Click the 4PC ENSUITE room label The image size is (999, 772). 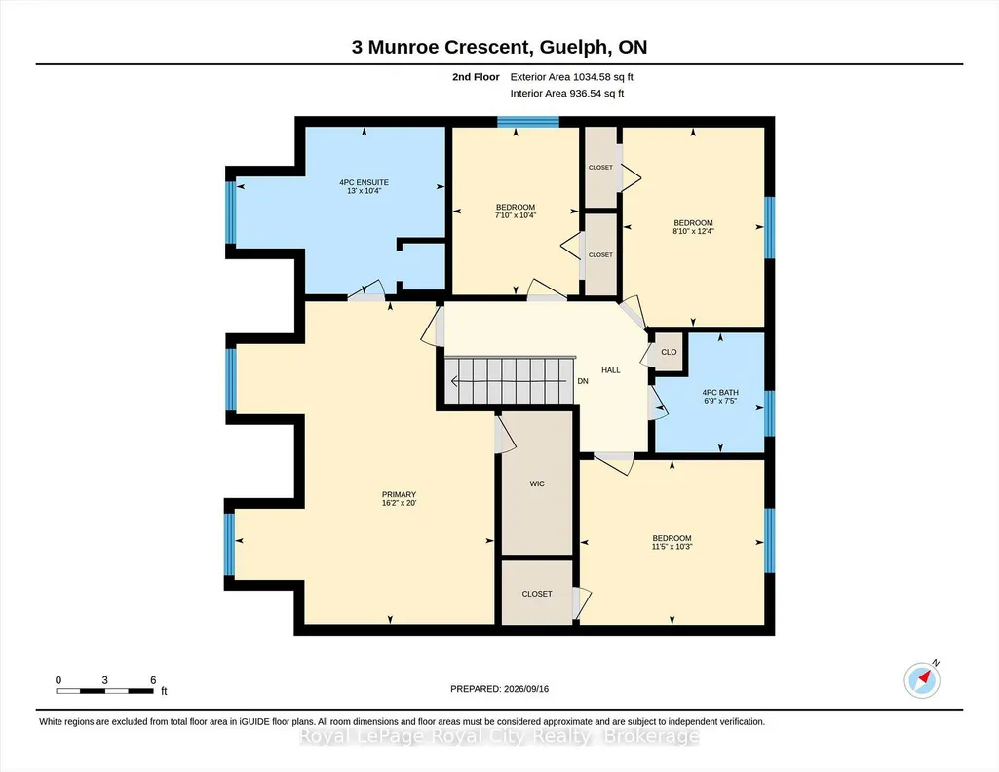(364, 183)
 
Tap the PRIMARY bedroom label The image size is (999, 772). (399, 495)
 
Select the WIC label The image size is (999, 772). (537, 484)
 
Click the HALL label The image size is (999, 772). (611, 370)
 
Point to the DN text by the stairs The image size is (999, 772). (583, 381)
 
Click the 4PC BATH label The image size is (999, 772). (720, 393)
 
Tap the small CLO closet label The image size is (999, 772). (669, 352)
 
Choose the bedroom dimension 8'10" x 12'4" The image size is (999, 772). (693, 231)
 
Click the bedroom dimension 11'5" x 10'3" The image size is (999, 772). (672, 547)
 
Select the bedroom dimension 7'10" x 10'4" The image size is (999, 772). (516, 215)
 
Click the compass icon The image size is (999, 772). (922, 679)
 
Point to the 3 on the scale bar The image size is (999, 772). (104, 680)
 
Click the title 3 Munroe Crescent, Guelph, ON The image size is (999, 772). (499, 47)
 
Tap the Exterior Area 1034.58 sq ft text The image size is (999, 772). (571, 77)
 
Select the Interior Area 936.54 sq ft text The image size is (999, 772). (567, 93)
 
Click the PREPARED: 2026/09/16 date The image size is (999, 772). (499, 689)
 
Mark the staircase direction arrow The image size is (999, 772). (510, 381)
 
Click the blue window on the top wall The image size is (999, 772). (528, 122)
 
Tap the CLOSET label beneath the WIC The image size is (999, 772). (537, 594)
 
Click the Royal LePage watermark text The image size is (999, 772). (499, 736)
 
